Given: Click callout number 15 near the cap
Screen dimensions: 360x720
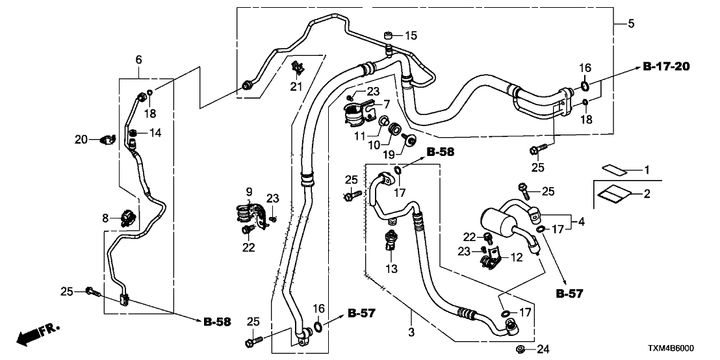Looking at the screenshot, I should [412, 35].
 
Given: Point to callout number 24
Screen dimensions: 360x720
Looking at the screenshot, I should [541, 351].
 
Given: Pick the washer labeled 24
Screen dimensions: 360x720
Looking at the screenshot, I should [521, 351].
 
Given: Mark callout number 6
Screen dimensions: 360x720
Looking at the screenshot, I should [138, 60].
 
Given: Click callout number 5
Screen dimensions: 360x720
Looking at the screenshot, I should [631, 24].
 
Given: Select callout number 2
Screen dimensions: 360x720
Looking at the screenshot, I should [646, 194].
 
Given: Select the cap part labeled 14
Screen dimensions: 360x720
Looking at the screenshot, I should [133, 135].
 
